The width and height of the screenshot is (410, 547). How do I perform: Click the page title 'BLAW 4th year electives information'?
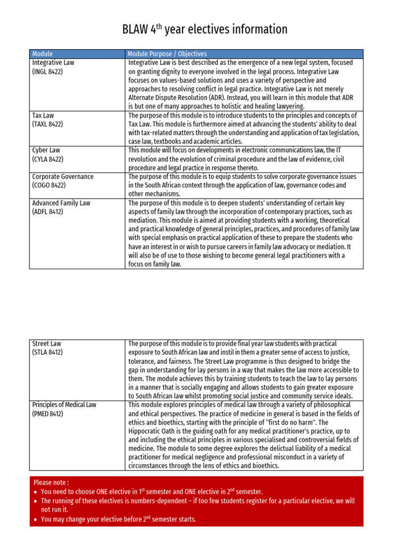pyautogui.click(x=205, y=29)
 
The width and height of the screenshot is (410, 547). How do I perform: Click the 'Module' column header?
pyautogui.click(x=43, y=54)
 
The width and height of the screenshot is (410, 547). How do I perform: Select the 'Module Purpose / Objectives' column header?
pyautogui.click(x=167, y=54)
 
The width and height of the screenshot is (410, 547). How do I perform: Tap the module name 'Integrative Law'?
pyautogui.click(x=53, y=62)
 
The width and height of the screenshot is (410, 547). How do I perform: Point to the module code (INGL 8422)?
pyautogui.click(x=48, y=71)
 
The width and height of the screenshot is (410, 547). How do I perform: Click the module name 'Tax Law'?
pyautogui.click(x=43, y=115)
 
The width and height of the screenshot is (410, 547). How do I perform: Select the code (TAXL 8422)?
pyautogui.click(x=48, y=124)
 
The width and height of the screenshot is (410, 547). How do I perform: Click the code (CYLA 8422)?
pyautogui.click(x=48, y=159)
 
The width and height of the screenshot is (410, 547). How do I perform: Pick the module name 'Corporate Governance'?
pyautogui.click(x=62, y=176)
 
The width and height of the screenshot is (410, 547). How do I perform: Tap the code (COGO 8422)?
pyautogui.click(x=49, y=185)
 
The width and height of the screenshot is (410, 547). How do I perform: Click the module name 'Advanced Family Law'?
pyautogui.click(x=62, y=203)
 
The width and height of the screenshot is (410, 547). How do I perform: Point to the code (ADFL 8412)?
pyautogui.click(x=48, y=212)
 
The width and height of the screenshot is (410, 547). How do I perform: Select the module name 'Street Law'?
pyautogui.click(x=47, y=343)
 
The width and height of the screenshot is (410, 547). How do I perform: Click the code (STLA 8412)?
pyautogui.click(x=48, y=352)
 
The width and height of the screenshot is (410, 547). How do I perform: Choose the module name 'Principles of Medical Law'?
pyautogui.click(x=64, y=405)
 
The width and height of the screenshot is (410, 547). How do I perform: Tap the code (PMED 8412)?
pyautogui.click(x=48, y=413)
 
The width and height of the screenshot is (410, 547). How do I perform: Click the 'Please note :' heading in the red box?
pyautogui.click(x=51, y=482)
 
